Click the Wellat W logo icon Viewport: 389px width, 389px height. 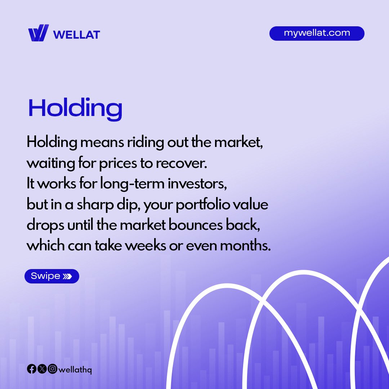pyautogui.click(x=38, y=33)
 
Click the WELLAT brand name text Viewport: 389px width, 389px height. pyautogui.click(x=76, y=35)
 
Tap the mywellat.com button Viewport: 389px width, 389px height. pyautogui.click(x=317, y=33)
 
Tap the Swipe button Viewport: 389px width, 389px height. pyautogui.click(x=52, y=276)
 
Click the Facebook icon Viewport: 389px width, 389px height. pyautogui.click(x=32, y=369)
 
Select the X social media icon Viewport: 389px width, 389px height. pyautogui.click(x=42, y=369)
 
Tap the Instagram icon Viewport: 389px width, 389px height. pyautogui.click(x=53, y=369)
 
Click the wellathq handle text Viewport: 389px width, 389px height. pyautogui.click(x=75, y=370)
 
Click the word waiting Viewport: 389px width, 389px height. pyautogui.click(x=51, y=164)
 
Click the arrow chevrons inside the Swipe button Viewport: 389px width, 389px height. pyautogui.click(x=67, y=276)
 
